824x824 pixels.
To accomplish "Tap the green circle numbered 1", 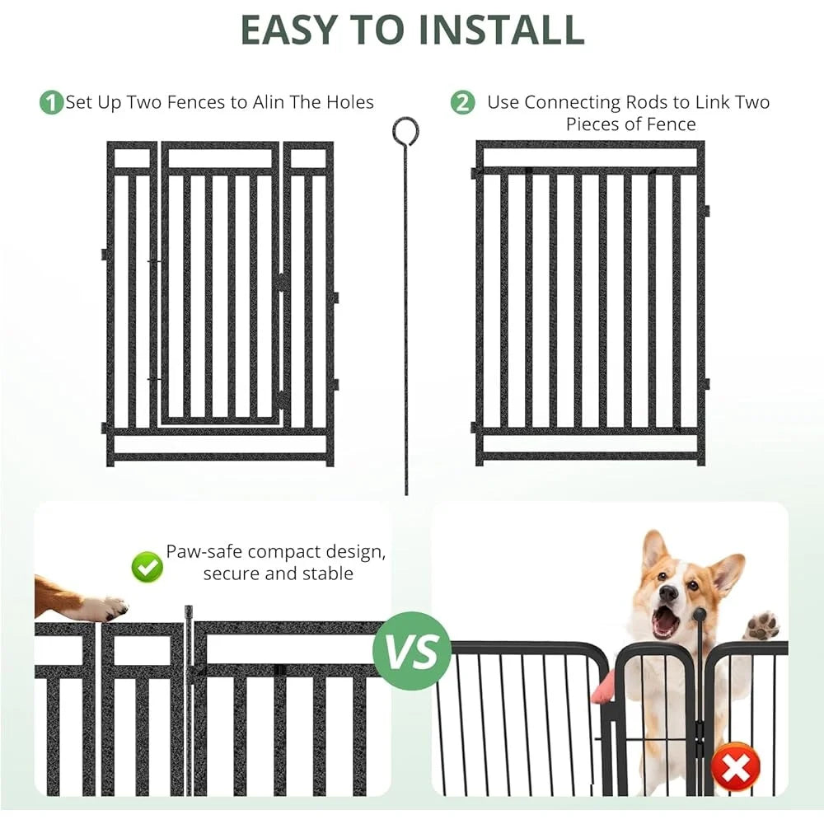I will click(x=51, y=103).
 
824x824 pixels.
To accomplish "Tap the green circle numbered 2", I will click(x=463, y=103).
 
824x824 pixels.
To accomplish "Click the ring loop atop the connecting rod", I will click(x=405, y=129).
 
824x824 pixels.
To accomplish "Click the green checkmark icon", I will click(x=147, y=566).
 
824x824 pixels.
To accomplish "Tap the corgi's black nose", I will click(x=668, y=593).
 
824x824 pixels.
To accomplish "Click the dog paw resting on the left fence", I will click(x=103, y=608).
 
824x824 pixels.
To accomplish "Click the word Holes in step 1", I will click(x=347, y=102).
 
